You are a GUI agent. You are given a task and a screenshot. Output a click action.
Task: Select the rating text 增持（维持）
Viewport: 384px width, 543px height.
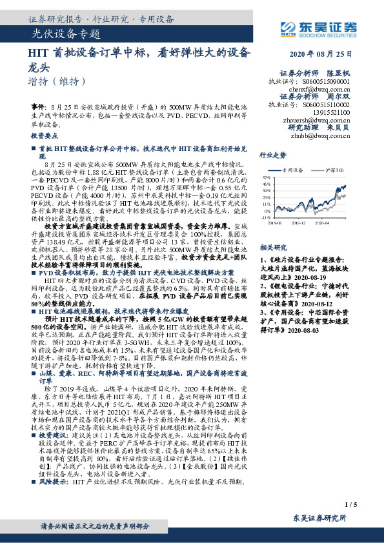(x=57, y=81)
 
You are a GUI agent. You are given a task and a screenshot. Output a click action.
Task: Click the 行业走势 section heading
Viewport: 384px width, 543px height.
(x=273, y=155)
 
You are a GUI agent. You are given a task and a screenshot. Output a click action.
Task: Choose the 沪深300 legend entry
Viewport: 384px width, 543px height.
(x=335, y=170)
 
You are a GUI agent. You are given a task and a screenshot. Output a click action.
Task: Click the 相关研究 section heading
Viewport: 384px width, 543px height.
(x=273, y=247)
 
